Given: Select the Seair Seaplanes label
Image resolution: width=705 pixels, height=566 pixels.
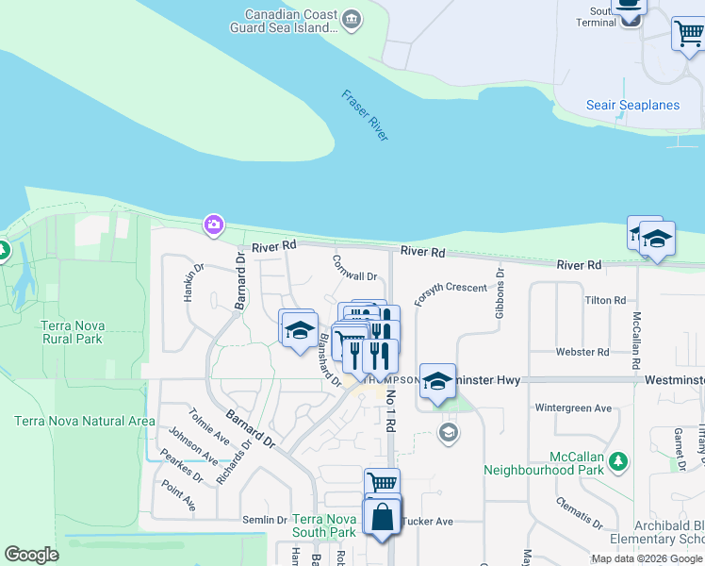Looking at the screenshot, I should (632, 105).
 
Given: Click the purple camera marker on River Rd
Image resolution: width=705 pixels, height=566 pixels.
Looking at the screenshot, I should (214, 224).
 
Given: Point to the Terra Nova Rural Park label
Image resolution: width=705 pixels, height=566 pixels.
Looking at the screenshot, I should (73, 332).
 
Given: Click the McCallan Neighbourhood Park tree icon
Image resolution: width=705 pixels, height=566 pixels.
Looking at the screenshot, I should (617, 460).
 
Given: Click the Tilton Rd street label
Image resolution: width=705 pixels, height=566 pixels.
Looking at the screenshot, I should (605, 300).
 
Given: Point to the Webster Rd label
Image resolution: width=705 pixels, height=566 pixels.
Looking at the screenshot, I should (603, 351).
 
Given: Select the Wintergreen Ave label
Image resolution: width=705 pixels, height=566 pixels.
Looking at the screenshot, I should (573, 408).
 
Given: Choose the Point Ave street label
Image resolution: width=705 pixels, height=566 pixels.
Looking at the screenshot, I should (179, 495).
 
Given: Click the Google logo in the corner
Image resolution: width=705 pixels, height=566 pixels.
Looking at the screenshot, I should (31, 555).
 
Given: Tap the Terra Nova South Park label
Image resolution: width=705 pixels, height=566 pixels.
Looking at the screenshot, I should (324, 525).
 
